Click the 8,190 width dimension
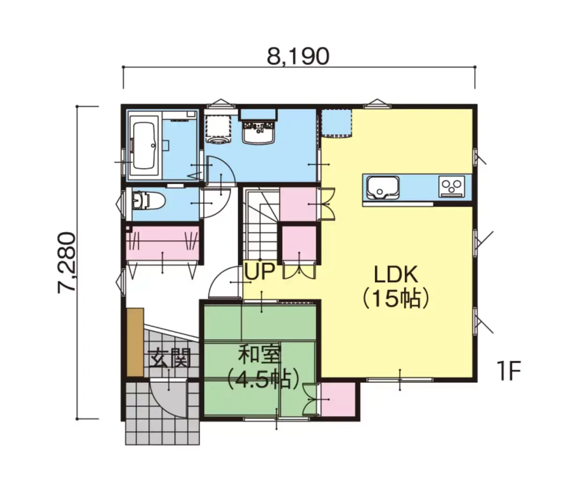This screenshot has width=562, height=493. pyautogui.click(x=298, y=57)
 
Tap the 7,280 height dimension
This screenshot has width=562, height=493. pyautogui.click(x=67, y=262)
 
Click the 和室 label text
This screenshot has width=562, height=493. pyautogui.click(x=259, y=354)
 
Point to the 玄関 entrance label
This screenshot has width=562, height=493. pyautogui.click(x=169, y=358)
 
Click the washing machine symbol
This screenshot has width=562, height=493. pyautogui.click(x=218, y=129)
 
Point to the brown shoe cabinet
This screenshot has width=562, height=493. pyautogui.click(x=135, y=342)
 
